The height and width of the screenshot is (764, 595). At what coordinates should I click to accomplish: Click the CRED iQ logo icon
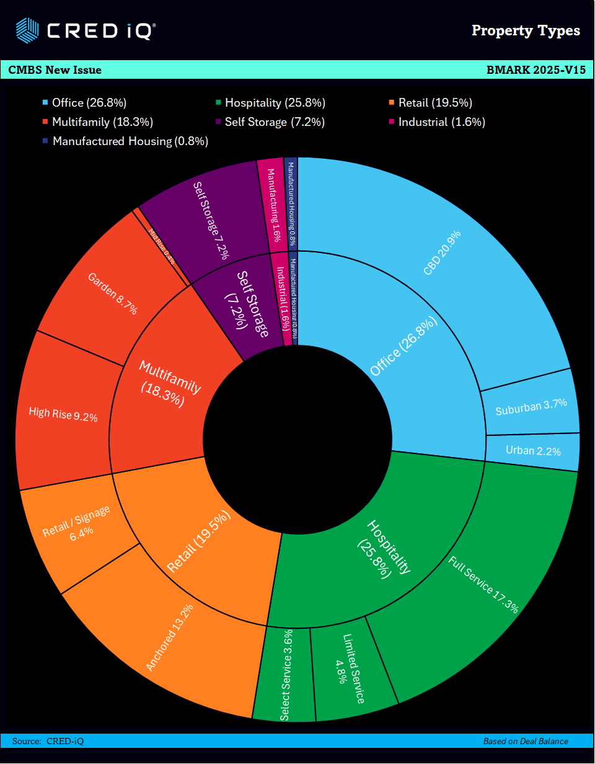[27, 29]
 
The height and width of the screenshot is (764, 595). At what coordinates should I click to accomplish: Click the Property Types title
[526, 30]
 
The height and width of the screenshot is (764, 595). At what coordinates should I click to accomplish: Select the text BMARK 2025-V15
[536, 69]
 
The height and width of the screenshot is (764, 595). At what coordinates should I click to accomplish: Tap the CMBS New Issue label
[55, 69]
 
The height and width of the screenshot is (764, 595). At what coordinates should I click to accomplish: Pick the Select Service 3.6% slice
[285, 676]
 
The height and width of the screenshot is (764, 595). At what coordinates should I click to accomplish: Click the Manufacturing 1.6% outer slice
[273, 205]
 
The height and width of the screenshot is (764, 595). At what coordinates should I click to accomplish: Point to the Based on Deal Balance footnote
[526, 741]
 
